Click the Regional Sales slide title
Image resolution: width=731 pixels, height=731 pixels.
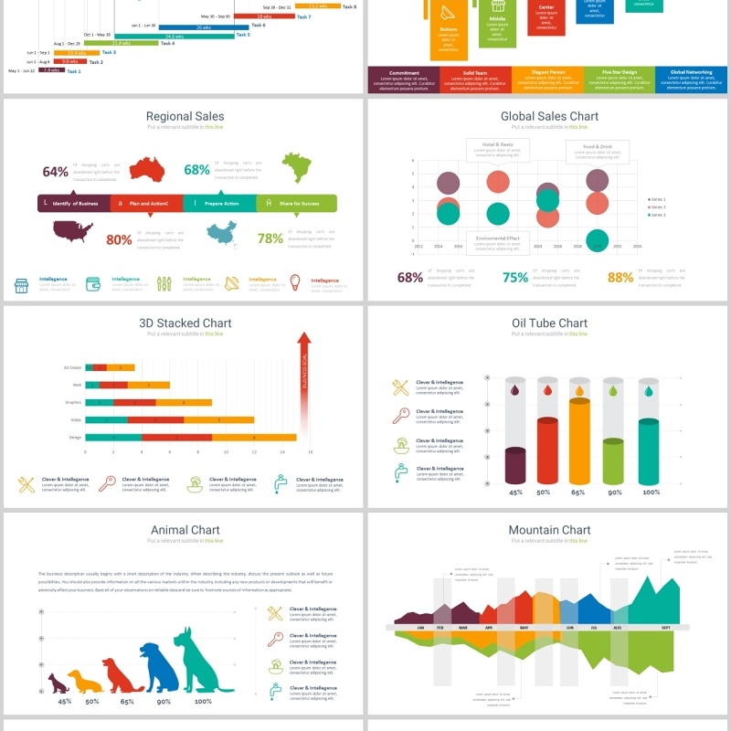[185, 116]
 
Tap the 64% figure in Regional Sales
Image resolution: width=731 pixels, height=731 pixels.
[56, 172]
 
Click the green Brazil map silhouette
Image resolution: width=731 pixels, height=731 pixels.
[295, 167]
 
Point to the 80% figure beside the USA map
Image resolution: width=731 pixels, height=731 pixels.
[119, 239]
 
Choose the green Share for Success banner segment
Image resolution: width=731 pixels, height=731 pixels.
[296, 203]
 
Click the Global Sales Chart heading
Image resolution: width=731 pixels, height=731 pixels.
[549, 116]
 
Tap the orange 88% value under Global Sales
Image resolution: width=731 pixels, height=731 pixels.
[620, 278]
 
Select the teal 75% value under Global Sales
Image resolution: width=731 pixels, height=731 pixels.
[515, 278]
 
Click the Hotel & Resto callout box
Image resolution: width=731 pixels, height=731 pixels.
[498, 149]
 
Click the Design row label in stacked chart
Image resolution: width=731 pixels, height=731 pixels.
[75, 438]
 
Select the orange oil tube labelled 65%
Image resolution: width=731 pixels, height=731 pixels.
[579, 441]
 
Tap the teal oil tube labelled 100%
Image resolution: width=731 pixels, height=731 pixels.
[649, 451]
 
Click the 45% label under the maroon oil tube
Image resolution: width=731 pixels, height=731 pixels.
[515, 493]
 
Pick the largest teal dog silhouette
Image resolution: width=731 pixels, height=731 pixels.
[201, 660]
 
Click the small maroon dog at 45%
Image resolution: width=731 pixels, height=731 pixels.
[59, 683]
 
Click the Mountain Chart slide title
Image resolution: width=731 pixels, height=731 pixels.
[549, 530]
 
